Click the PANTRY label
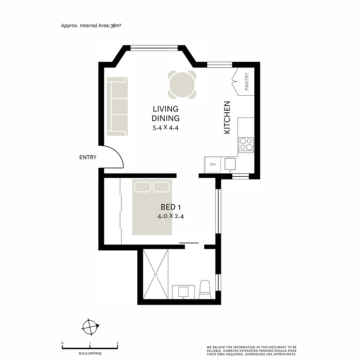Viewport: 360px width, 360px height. (x=247, y=82)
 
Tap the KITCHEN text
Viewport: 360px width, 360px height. (x=227, y=118)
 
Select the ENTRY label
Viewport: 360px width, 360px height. (x=88, y=157)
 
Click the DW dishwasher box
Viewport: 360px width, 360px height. (x=213, y=164)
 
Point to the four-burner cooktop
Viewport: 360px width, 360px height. (x=246, y=144)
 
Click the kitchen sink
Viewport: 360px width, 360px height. (x=230, y=164)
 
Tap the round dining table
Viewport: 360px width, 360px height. (x=182, y=84)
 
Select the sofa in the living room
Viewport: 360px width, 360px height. (x=117, y=106)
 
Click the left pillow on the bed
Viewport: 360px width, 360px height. (x=143, y=187)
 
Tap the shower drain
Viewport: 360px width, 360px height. (x=156, y=274)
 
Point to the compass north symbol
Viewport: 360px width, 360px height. (x=90, y=327)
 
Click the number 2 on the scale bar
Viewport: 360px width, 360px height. (x=117, y=343)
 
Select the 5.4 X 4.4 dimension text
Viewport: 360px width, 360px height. (x=166, y=128)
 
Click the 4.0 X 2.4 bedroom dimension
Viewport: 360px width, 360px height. (x=171, y=216)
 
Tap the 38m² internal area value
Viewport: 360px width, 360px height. (x=116, y=25)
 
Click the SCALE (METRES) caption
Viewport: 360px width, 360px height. (x=90, y=353)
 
